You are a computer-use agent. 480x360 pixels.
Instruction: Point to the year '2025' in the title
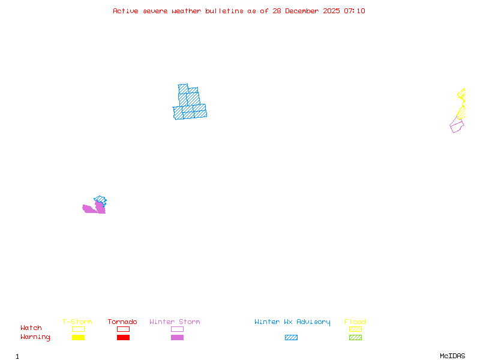tap(332, 11)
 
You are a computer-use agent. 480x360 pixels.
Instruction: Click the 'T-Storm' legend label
tap(77, 322)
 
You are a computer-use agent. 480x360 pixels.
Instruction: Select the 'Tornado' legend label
tap(122, 322)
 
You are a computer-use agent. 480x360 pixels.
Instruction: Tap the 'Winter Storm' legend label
tap(175, 322)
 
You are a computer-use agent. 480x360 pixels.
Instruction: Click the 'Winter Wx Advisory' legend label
tap(292, 322)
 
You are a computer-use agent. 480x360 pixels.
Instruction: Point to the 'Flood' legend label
tap(355, 322)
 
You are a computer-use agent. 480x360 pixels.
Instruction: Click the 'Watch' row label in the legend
tap(31, 328)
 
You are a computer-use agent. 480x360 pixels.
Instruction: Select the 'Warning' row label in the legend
tap(35, 337)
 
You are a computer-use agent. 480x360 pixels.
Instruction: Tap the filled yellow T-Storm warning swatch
tap(78, 337)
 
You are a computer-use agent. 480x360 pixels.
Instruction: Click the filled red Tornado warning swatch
tap(123, 337)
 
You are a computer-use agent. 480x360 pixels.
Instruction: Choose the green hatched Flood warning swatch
tap(355, 337)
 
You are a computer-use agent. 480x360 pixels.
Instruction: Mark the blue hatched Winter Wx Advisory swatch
tap(291, 337)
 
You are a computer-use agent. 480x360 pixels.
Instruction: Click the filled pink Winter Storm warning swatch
tap(177, 337)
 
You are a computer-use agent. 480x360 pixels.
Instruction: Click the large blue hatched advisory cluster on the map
tap(190, 103)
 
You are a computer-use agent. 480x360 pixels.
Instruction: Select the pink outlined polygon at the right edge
tap(457, 125)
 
